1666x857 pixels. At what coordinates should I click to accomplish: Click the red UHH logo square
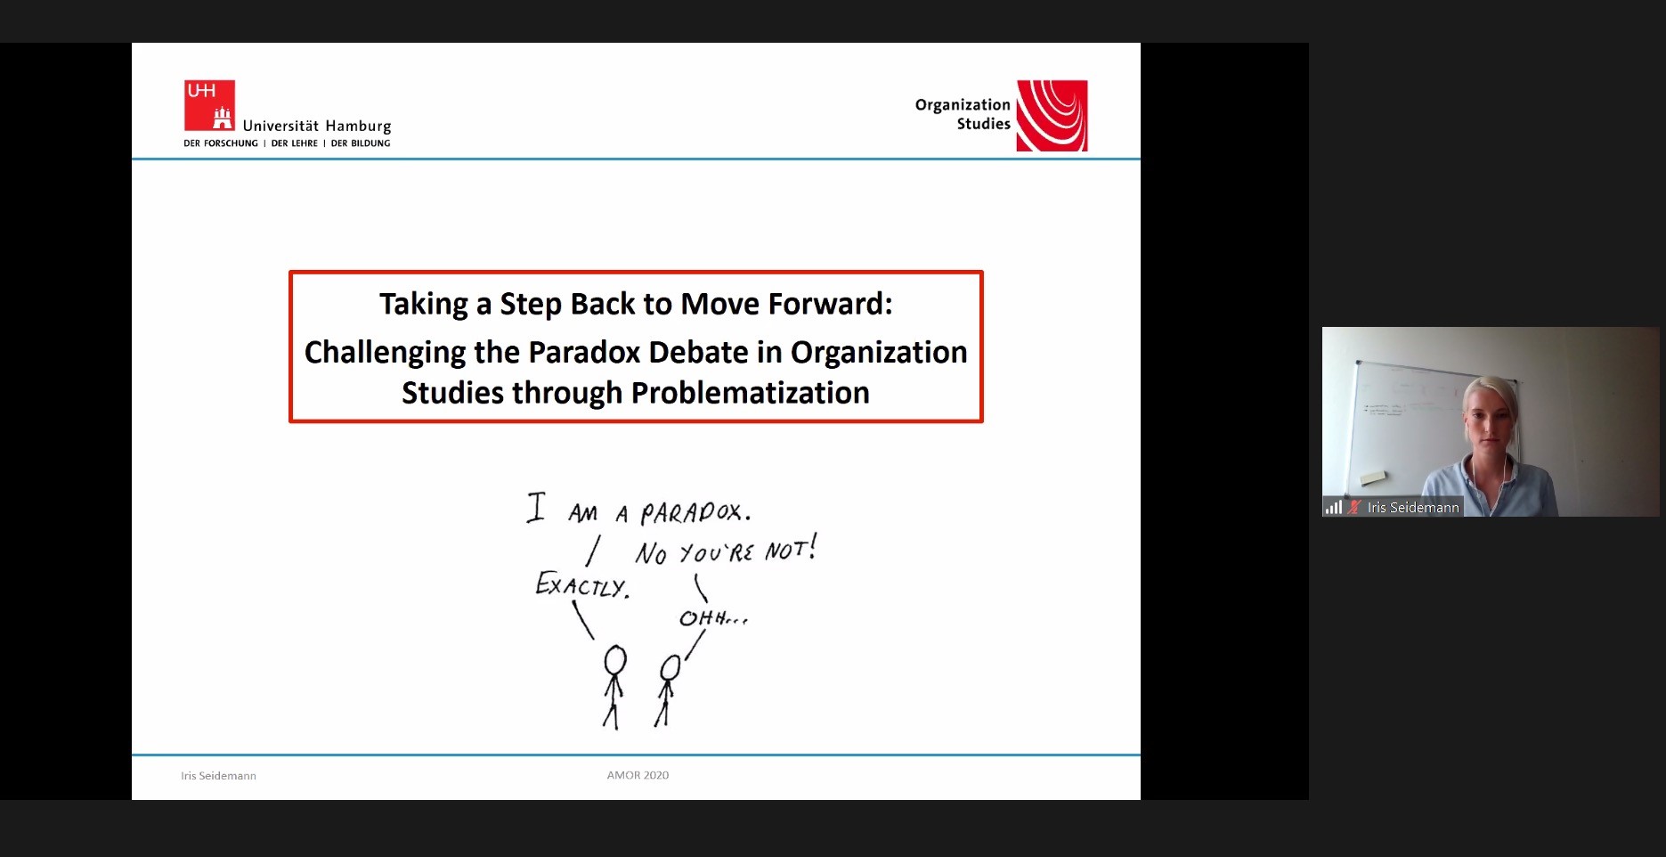209,105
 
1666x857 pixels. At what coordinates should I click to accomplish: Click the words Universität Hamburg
317,126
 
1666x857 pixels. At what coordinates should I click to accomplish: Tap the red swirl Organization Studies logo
1052,116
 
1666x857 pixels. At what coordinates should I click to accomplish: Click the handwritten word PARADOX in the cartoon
695,512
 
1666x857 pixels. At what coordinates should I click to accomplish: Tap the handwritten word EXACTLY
582,584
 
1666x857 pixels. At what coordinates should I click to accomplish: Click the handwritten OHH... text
713,617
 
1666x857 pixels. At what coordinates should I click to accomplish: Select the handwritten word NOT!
791,548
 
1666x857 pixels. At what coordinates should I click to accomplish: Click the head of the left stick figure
615,661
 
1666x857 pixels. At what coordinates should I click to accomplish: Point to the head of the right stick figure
670,668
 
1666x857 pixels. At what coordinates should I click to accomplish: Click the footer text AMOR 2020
638,775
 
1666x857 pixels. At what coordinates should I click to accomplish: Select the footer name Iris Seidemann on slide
218,776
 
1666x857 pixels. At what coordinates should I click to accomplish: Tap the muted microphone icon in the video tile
1354,507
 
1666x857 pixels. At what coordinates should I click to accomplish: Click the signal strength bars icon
1334,507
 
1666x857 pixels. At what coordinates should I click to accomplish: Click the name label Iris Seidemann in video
1413,508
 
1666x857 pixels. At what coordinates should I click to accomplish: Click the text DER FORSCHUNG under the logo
221,143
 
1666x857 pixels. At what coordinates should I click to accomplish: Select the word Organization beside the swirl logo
963,105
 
